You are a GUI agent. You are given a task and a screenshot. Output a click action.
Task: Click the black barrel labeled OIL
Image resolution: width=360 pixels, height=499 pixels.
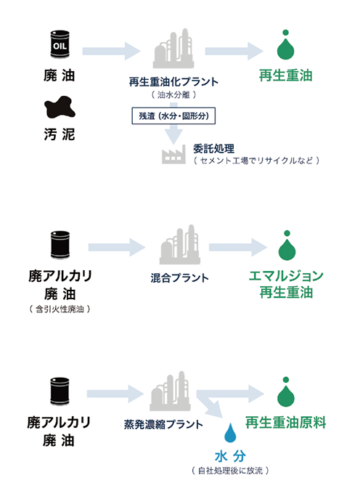pyautogui.click(x=60, y=44)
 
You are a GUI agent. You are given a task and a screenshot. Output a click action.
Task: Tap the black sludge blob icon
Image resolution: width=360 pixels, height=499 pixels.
pyautogui.click(x=60, y=107)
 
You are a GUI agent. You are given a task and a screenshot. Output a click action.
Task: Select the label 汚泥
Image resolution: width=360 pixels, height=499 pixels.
pyautogui.click(x=60, y=134)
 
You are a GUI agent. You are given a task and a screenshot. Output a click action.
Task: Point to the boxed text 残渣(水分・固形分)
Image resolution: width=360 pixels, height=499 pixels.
pyautogui.click(x=173, y=115)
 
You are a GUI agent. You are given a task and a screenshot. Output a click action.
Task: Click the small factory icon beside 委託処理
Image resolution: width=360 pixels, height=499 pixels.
pyautogui.click(x=173, y=154)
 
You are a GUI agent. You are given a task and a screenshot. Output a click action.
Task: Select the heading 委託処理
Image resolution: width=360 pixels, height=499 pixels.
pyautogui.click(x=213, y=149)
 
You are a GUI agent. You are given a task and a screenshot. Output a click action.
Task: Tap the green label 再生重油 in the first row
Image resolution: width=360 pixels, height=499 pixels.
pyautogui.click(x=285, y=76)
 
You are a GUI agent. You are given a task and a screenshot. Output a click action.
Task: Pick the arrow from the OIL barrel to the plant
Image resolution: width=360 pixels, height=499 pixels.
pyautogui.click(x=111, y=51)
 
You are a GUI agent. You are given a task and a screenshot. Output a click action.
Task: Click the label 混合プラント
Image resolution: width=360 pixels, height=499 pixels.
pyautogui.click(x=180, y=277)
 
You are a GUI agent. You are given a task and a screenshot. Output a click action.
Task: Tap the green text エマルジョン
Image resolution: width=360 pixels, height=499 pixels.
pyautogui.click(x=286, y=275)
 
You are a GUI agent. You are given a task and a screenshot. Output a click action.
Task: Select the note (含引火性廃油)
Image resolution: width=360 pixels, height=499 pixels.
pyautogui.click(x=60, y=309)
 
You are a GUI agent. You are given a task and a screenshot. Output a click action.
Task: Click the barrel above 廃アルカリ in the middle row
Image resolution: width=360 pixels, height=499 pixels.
pyautogui.click(x=60, y=245)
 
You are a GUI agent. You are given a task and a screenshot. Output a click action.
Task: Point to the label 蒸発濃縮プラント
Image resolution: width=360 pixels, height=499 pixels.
pyautogui.click(x=163, y=424)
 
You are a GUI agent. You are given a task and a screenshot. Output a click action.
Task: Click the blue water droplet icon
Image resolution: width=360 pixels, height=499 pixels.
pyautogui.click(x=230, y=432)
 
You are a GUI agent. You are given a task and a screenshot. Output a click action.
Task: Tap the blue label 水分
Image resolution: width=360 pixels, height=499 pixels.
pyautogui.click(x=230, y=456)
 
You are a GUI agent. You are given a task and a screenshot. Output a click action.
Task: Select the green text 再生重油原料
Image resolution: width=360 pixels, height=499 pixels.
pyautogui.click(x=285, y=423)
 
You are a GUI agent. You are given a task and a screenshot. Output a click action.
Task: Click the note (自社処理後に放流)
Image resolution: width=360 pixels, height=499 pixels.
pyautogui.click(x=230, y=471)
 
